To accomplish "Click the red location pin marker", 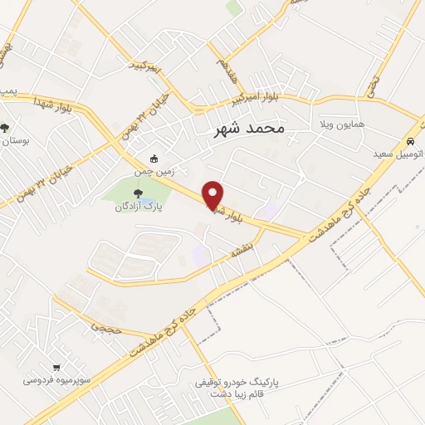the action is tap(213, 194).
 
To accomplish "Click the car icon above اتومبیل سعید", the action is tap(410, 141).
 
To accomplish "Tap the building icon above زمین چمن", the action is tap(153, 159).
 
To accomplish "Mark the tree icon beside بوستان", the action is tap(5, 128).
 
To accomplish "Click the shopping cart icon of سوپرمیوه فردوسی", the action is tap(56, 367).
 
